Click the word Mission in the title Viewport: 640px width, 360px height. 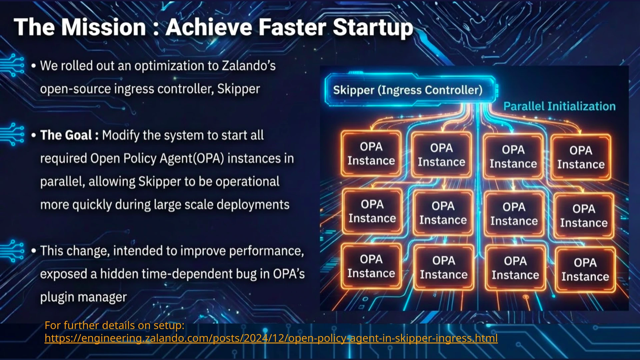point(104,27)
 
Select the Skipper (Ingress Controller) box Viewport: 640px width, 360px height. point(408,90)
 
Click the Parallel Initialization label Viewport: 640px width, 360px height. point(559,106)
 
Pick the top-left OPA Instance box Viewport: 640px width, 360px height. point(371,154)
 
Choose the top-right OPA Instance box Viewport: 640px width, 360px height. point(581,157)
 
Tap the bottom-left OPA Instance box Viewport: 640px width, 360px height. point(371,266)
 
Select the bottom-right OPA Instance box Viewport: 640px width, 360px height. point(585,270)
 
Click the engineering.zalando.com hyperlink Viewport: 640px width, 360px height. point(271,338)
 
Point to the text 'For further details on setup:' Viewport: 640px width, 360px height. point(114,325)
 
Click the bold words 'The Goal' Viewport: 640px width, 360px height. point(66,135)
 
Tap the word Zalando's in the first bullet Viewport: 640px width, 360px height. point(249,66)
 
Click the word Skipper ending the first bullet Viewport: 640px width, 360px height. point(238,89)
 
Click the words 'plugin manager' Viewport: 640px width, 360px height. point(83,297)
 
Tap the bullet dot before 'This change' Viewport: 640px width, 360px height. point(33,251)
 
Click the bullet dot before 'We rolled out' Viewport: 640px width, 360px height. point(33,66)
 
